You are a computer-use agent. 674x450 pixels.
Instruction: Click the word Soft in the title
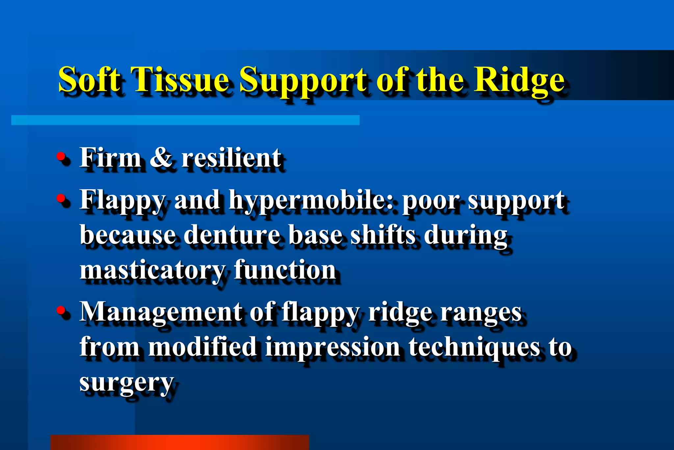point(89,79)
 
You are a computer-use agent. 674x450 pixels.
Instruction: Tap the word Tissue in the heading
point(182,79)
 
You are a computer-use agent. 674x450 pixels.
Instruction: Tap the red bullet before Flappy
point(61,198)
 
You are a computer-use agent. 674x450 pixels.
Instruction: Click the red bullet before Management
point(61,310)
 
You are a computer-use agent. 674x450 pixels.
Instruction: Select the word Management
point(161,312)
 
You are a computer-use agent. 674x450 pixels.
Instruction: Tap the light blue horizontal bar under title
point(185,120)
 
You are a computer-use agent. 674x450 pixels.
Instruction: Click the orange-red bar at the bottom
point(179,442)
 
